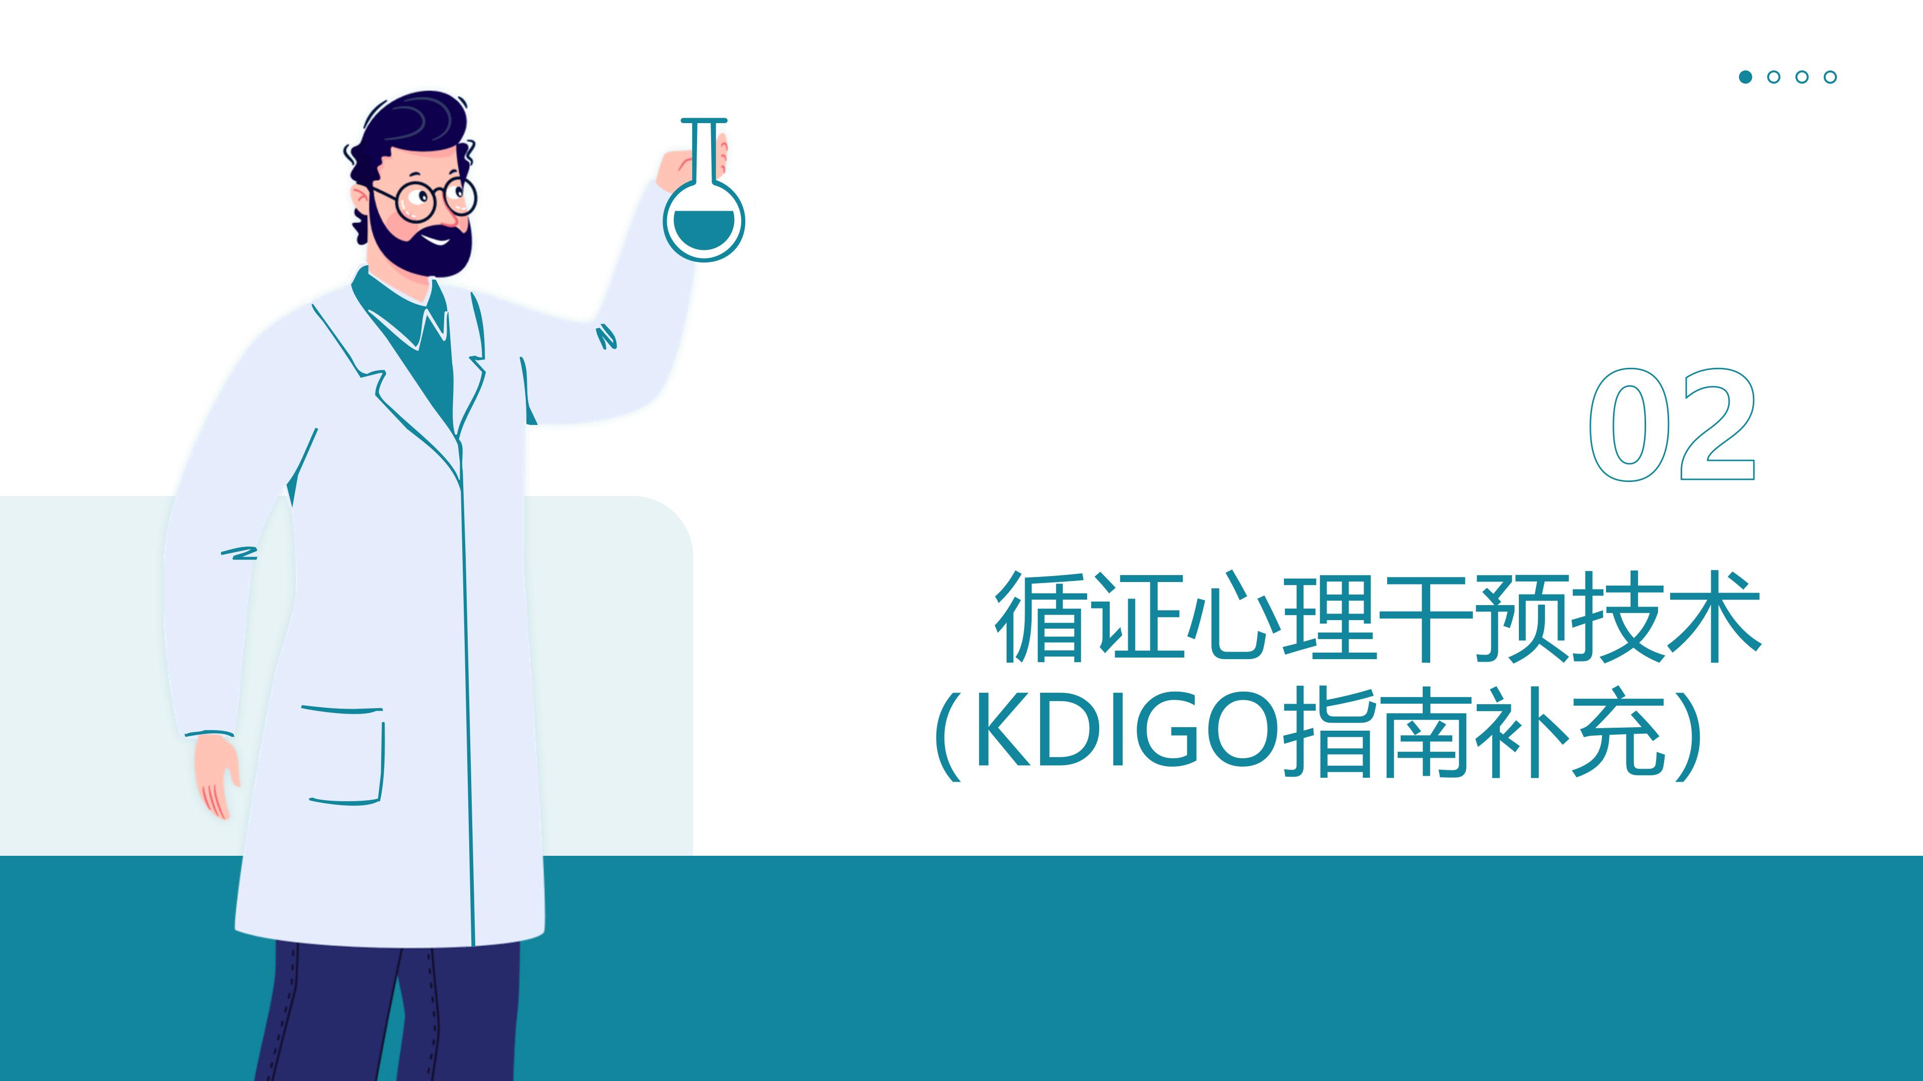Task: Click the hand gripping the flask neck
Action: [691, 167]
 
